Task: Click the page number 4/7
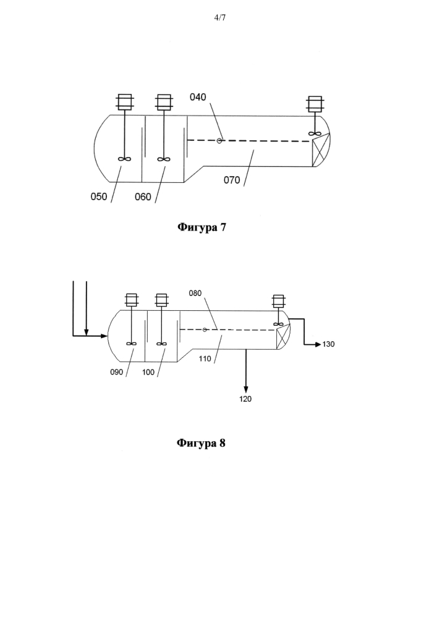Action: (220, 17)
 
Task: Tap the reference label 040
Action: (198, 97)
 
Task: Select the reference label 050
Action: (98, 197)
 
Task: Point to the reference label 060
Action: (143, 197)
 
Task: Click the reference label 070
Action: (232, 180)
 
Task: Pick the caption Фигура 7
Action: (202, 227)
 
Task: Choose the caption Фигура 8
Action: (201, 443)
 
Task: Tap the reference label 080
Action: (195, 293)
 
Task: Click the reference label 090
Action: (117, 372)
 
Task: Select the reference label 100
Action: (148, 372)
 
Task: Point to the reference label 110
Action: (205, 358)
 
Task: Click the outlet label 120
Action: (245, 399)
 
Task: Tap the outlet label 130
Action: (328, 344)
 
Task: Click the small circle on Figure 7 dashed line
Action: (219, 141)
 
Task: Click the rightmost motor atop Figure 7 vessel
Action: (315, 103)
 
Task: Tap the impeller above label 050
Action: (124, 159)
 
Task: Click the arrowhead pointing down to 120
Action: (246, 389)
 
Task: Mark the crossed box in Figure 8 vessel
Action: (283, 337)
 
